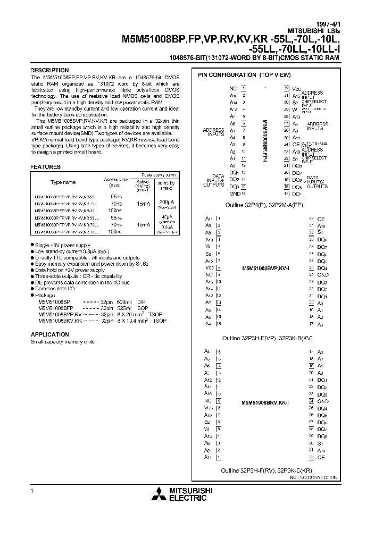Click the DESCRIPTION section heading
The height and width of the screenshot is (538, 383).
click(49, 70)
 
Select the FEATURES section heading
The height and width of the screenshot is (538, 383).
click(46, 167)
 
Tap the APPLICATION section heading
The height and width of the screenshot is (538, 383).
click(50, 334)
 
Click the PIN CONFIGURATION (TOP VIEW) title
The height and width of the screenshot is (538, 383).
click(245, 75)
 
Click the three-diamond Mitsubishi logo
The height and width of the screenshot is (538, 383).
click(158, 495)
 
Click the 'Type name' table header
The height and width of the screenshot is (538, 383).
click(63, 182)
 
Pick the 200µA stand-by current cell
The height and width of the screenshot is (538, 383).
click(166, 201)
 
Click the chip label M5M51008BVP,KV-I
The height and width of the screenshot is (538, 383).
click(265, 268)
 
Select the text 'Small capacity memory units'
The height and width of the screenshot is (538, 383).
click(62, 341)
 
